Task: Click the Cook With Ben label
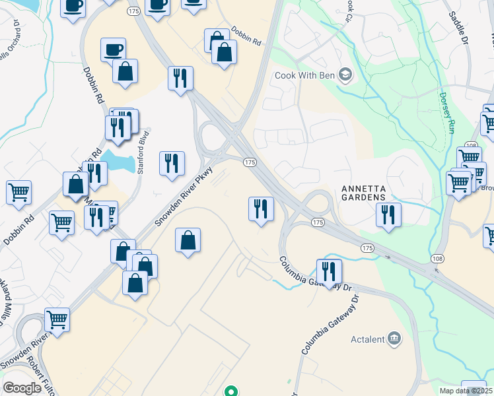pos(305,75)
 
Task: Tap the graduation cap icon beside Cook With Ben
pos(345,75)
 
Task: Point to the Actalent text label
pos(367,339)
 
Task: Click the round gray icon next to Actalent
pos(395,339)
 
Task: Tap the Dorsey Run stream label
pos(446,112)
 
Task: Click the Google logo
pos(22,388)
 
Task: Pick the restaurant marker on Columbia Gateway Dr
pos(328,271)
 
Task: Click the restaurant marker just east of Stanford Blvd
pos(172,164)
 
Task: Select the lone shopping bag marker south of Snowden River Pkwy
pos(188,241)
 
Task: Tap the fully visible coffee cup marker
pos(113,49)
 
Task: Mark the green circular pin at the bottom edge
pos(230,391)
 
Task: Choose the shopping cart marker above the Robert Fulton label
pos(57,320)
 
